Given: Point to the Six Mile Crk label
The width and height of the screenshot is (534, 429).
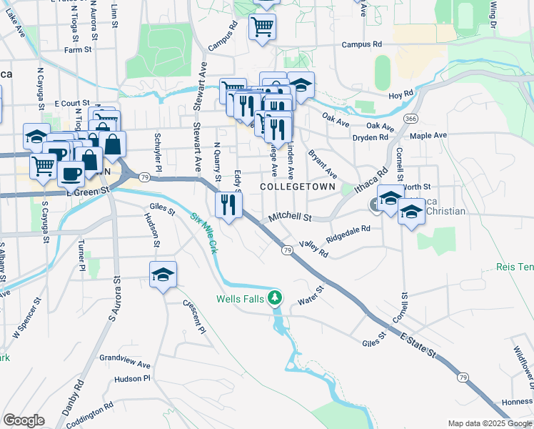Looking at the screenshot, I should [x=204, y=233].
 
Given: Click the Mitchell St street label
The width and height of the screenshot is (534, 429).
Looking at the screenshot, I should [x=291, y=216].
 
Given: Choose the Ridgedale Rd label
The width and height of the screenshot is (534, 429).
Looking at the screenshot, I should [x=348, y=233].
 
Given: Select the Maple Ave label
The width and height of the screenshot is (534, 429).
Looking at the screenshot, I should [x=428, y=134].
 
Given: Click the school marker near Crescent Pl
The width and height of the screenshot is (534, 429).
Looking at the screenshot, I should [x=163, y=275].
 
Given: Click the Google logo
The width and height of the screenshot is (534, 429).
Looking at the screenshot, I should [x=24, y=420].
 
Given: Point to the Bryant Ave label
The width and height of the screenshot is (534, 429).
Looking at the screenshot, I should [x=322, y=164].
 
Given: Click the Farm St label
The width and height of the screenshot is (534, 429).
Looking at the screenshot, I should [x=78, y=50].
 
